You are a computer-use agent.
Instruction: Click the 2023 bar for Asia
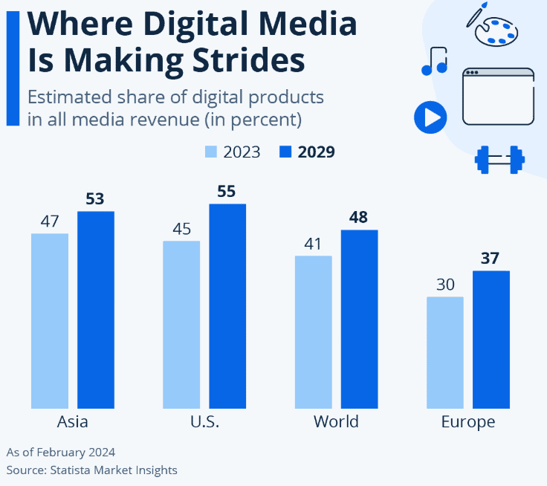pyautogui.click(x=49, y=320)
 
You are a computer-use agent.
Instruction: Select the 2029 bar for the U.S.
pyautogui.click(x=227, y=305)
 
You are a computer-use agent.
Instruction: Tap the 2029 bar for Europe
pyautogui.click(x=491, y=339)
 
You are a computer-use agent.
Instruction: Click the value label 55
pyautogui.click(x=227, y=191)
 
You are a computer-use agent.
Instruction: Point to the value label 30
pyautogui.click(x=444, y=285)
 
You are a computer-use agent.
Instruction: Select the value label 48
pyautogui.click(x=359, y=217)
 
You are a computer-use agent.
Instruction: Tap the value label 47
pyautogui.click(x=49, y=221)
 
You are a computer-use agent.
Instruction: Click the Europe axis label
pyautogui.click(x=467, y=422)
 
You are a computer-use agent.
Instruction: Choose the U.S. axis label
pyautogui.click(x=204, y=422)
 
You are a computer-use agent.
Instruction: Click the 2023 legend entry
pyautogui.click(x=232, y=152)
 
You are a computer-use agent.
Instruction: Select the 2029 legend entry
pyautogui.click(x=307, y=152)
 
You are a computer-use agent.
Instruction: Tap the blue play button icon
pyautogui.click(x=430, y=117)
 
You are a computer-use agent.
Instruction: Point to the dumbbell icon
pyautogui.click(x=499, y=159)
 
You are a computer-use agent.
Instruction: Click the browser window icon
pyautogui.click(x=498, y=97)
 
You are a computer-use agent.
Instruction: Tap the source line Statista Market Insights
pyautogui.click(x=92, y=470)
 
